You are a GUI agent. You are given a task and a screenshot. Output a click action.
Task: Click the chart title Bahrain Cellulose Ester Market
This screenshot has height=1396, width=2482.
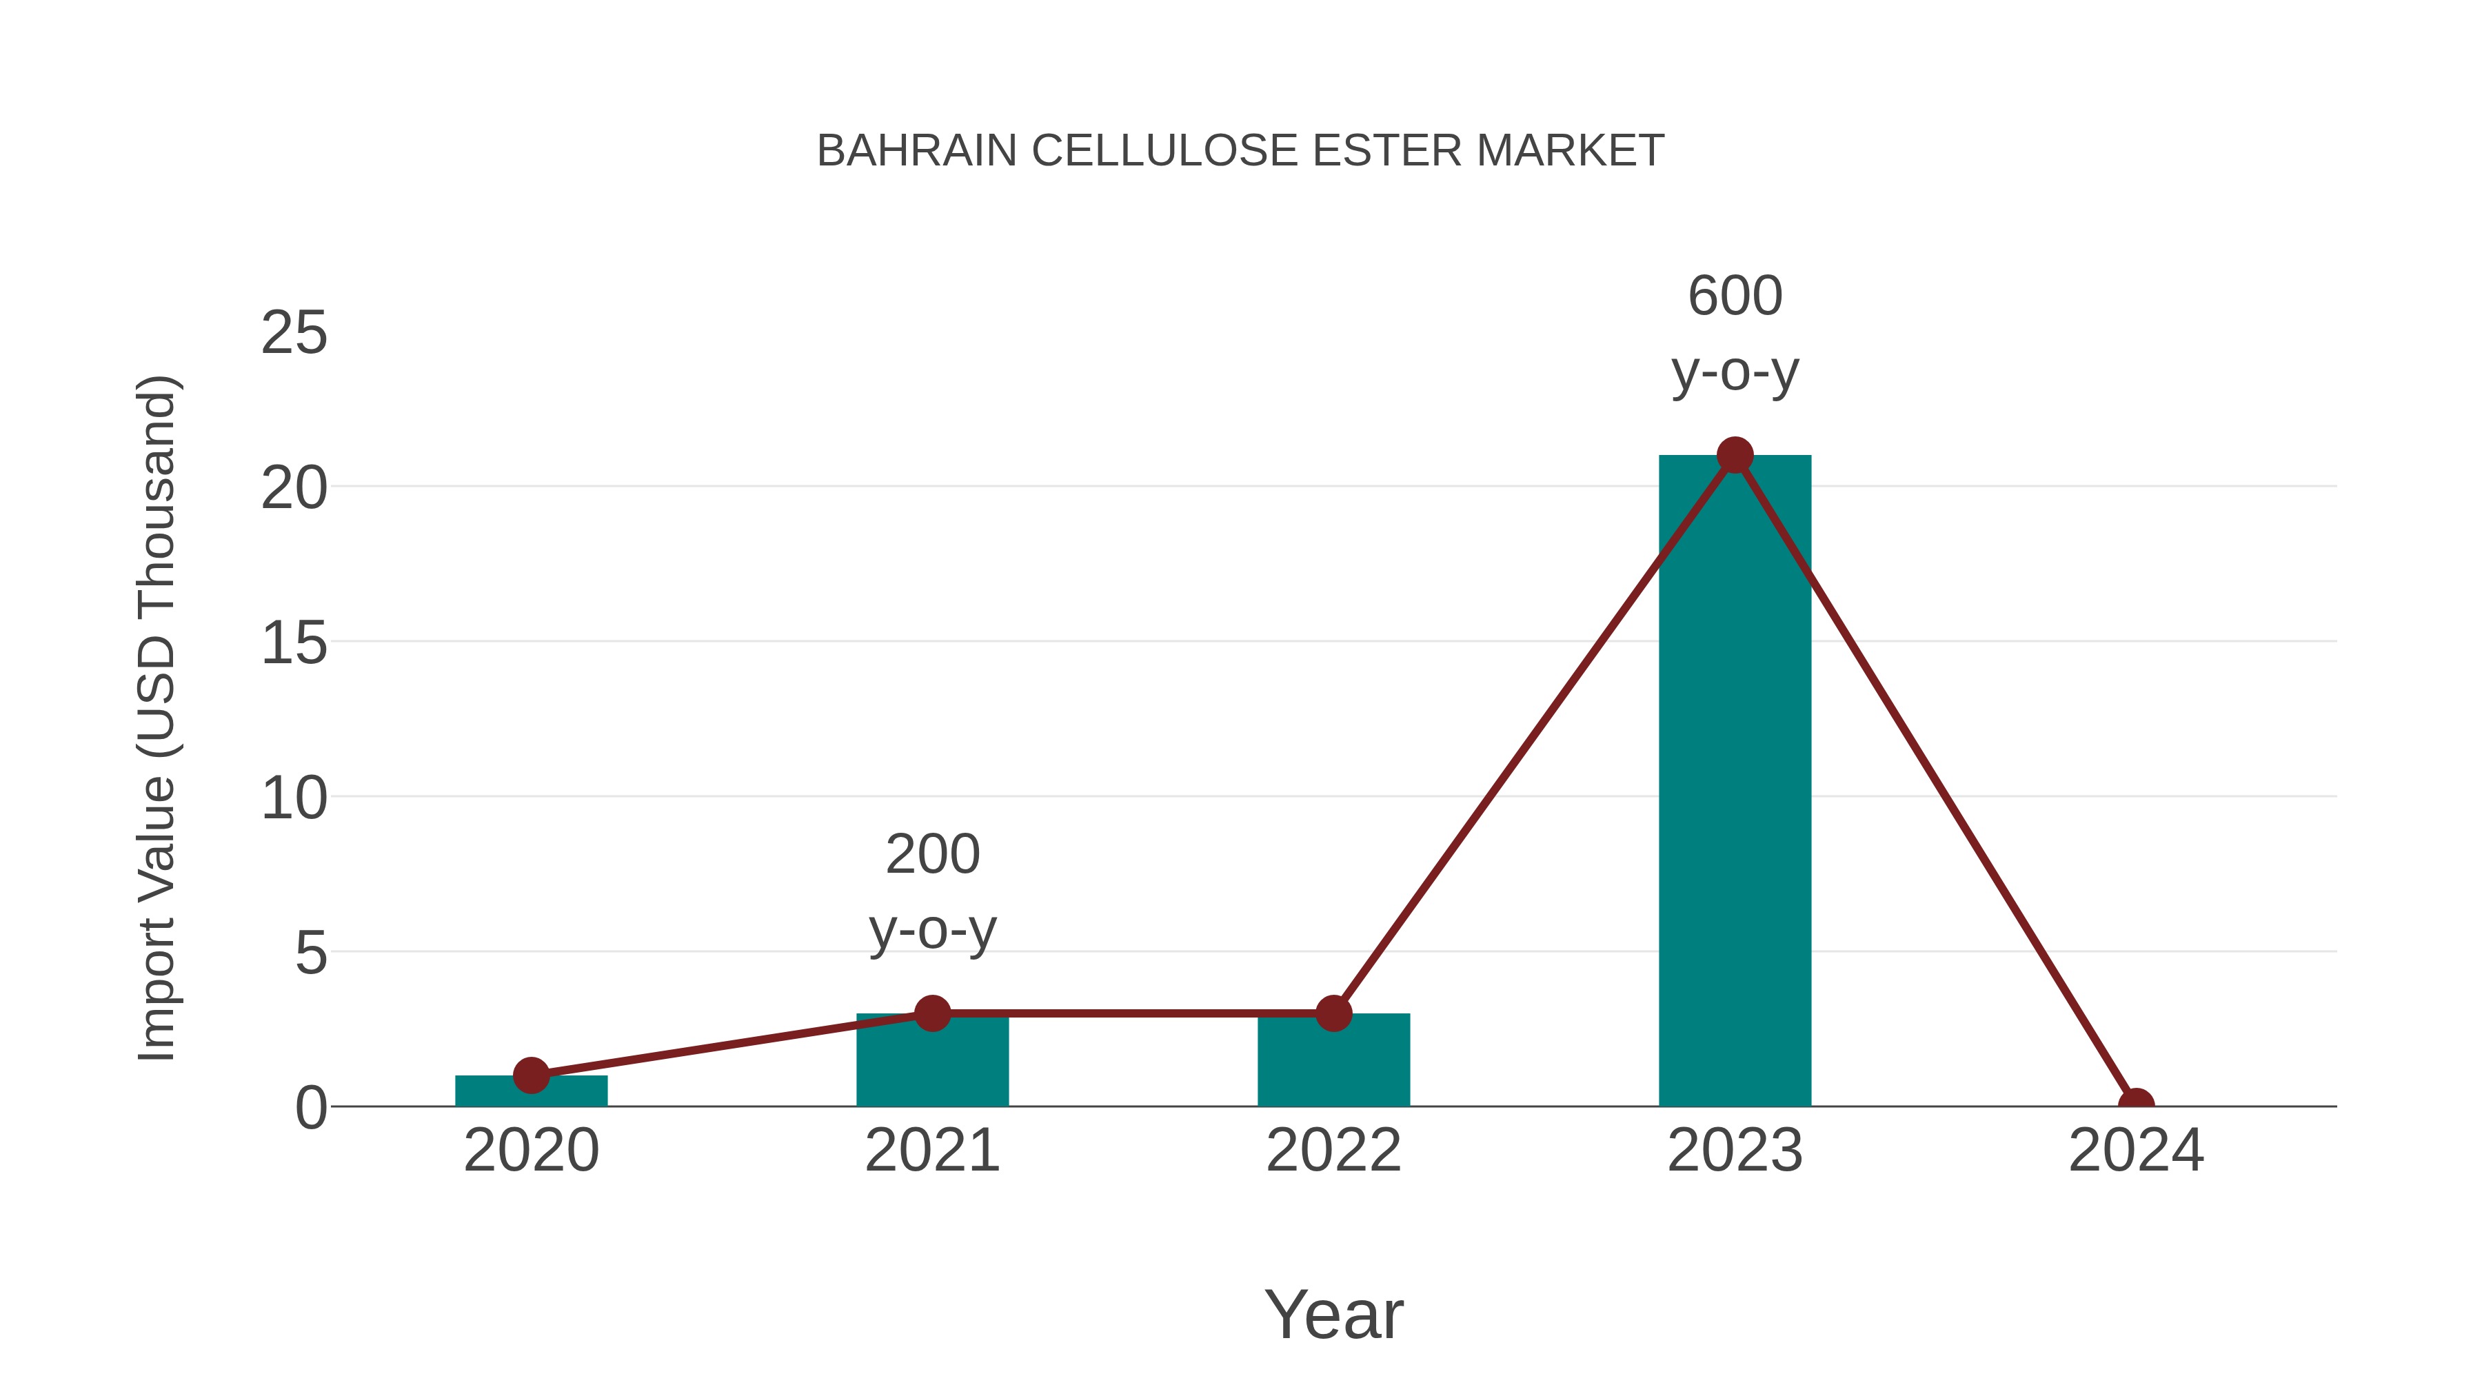(1240, 150)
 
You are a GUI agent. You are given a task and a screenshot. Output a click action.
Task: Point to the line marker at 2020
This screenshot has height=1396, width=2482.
(531, 1075)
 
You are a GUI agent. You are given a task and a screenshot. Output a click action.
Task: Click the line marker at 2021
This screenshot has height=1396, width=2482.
(931, 1013)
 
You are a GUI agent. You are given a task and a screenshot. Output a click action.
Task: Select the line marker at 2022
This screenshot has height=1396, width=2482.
(1333, 1013)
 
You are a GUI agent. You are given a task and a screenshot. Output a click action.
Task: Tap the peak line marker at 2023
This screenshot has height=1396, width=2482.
(1735, 455)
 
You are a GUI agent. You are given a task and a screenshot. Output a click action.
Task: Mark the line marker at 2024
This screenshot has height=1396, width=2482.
(2136, 1104)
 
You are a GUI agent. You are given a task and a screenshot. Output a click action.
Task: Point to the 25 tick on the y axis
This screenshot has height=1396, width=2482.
(294, 334)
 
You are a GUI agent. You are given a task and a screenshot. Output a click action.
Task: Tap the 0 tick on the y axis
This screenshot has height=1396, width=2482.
(310, 1108)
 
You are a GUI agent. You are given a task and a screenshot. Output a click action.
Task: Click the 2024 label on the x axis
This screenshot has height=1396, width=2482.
(2136, 1151)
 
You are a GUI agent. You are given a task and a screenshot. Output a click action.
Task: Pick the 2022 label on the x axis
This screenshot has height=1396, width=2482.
(1333, 1151)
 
